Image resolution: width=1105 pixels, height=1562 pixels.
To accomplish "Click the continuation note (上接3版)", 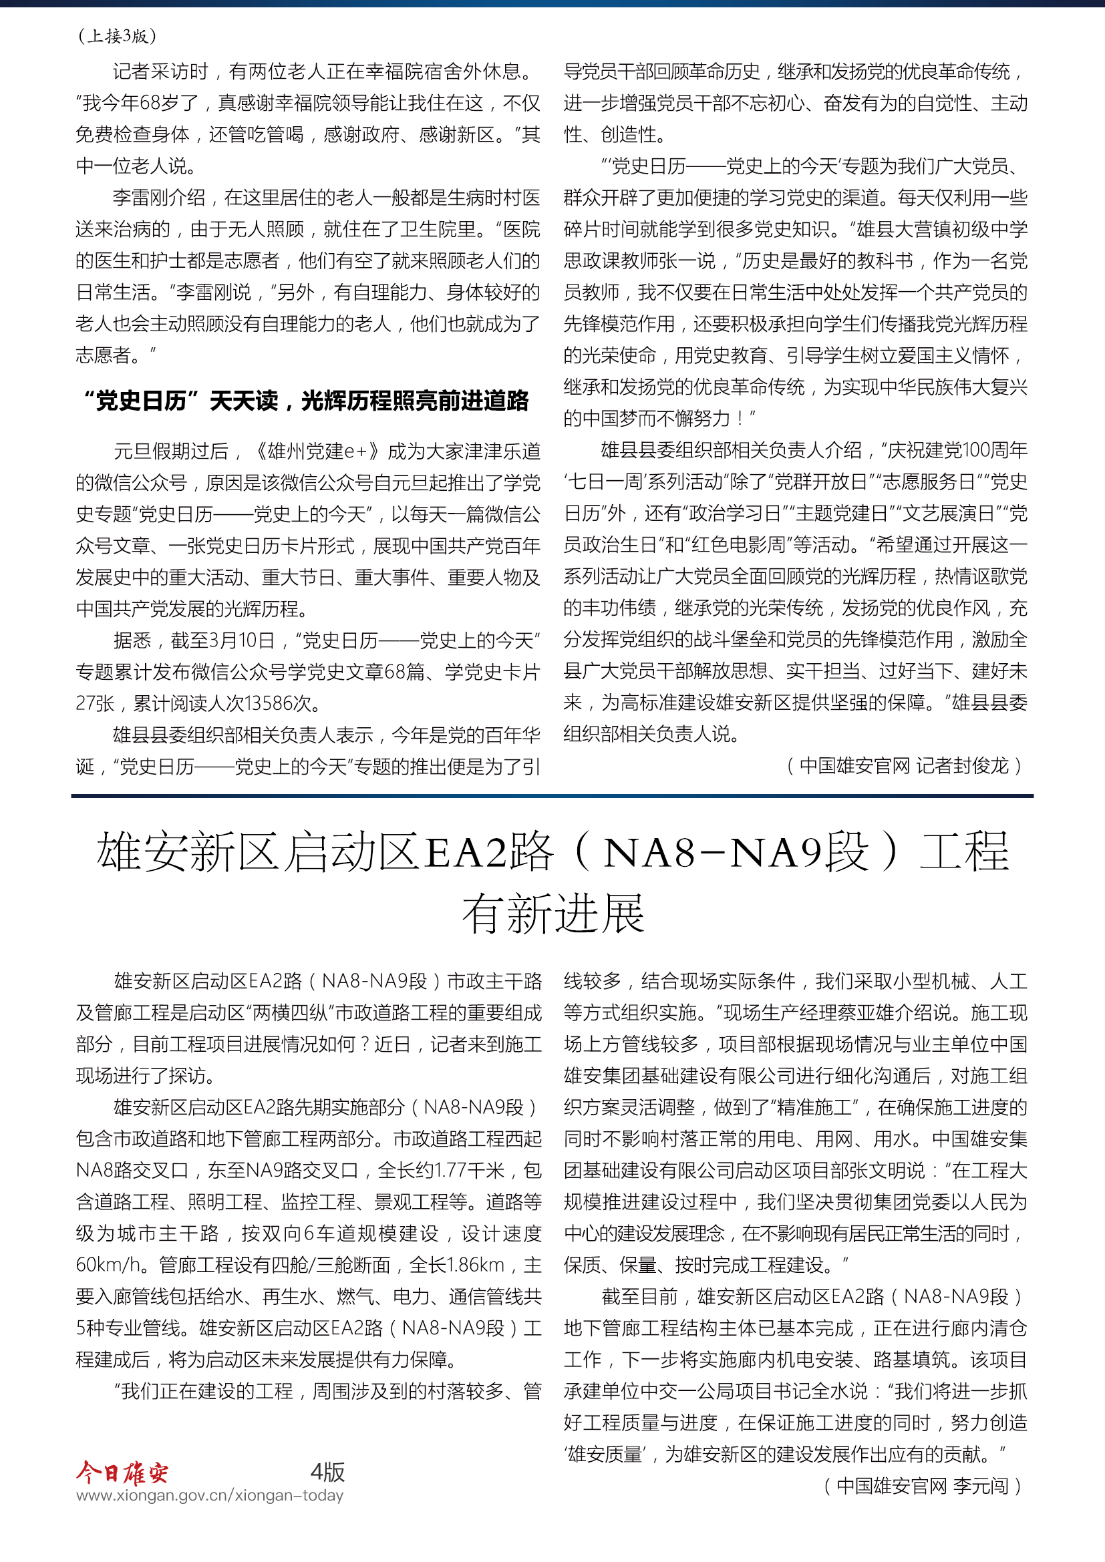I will click(117, 36).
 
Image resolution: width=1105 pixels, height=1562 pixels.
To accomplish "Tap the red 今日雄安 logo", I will click(122, 1473).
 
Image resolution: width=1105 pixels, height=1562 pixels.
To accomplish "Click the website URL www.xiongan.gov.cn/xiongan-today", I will click(210, 1495).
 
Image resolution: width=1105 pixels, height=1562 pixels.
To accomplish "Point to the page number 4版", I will click(327, 1472).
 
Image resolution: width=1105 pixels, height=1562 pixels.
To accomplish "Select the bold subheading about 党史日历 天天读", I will click(305, 401).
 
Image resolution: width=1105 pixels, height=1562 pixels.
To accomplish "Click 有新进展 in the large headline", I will click(552, 914).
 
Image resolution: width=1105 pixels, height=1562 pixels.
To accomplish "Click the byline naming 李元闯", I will click(922, 1486).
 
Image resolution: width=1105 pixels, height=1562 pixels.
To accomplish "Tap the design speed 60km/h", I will click(108, 1265).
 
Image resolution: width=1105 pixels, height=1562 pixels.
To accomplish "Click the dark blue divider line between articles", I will click(552, 795).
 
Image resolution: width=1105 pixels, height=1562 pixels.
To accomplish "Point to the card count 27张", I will click(95, 703).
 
